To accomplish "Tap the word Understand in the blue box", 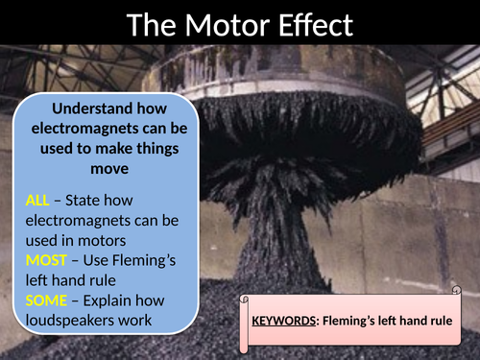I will click(x=91, y=108).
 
